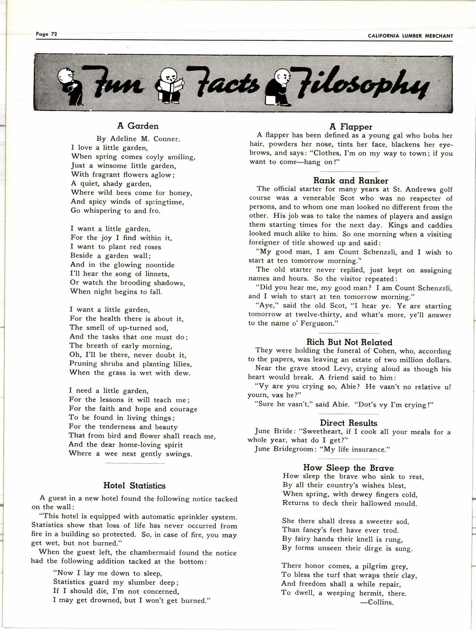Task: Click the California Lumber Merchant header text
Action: pyautogui.click(x=410, y=36)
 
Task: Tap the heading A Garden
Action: pyautogui.click(x=138, y=126)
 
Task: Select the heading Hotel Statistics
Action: pyautogui.click(x=134, y=485)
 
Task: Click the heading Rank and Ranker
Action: pyautogui.click(x=351, y=181)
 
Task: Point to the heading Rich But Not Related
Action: pyautogui.click(x=349, y=342)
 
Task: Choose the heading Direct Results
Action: pyautogui.click(x=348, y=423)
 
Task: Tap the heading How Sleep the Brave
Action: pyautogui.click(x=348, y=468)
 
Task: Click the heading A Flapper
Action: pyautogui.click(x=351, y=127)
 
